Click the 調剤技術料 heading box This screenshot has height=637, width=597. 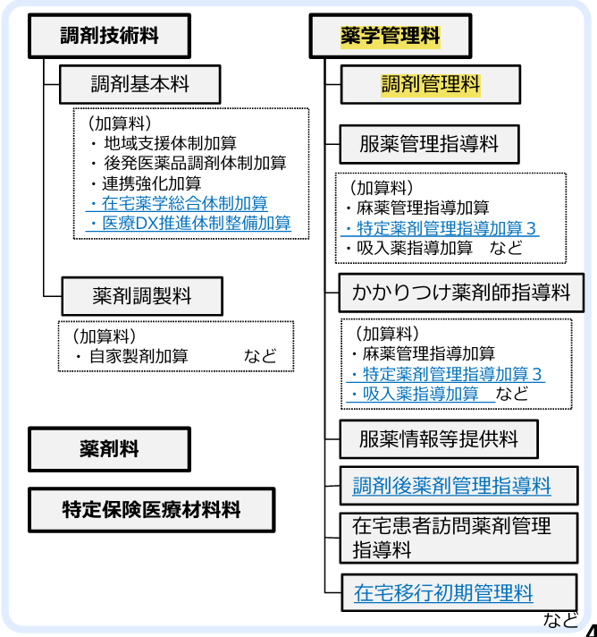click(x=110, y=37)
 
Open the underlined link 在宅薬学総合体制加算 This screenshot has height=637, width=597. click(x=178, y=203)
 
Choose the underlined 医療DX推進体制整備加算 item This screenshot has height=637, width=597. click(x=190, y=224)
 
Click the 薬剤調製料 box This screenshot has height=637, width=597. click(x=142, y=294)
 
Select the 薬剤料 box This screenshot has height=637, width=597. click(x=109, y=448)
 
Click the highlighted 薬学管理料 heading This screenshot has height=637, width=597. click(x=391, y=37)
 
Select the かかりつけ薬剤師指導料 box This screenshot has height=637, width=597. click(x=461, y=293)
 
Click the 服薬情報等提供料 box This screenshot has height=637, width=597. click(x=439, y=439)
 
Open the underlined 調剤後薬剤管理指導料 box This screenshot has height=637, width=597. click(x=451, y=486)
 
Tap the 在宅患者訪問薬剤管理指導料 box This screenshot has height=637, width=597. click(x=451, y=537)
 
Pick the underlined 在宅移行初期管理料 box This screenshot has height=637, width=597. click(x=444, y=591)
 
